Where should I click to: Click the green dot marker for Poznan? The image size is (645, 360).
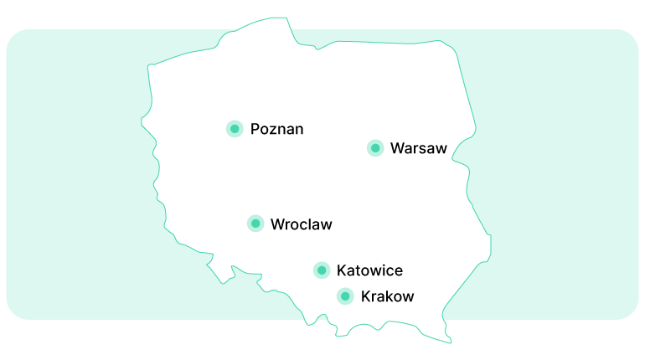click(235, 128)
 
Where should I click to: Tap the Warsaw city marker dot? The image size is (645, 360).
click(375, 148)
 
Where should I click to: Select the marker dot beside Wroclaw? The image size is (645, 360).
click(255, 224)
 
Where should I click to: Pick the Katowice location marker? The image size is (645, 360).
click(322, 270)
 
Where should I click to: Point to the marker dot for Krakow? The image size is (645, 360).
click(345, 296)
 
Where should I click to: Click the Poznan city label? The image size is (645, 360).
click(276, 129)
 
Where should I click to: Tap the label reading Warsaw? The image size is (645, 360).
click(419, 149)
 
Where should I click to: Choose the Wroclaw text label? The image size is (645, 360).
click(302, 224)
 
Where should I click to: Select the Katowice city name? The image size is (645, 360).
click(369, 270)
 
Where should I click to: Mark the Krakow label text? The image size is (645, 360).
click(387, 296)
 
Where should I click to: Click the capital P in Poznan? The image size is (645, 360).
click(255, 129)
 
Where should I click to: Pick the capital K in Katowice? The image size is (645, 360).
click(342, 270)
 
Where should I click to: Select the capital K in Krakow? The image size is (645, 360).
click(366, 296)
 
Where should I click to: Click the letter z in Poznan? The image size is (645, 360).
click(273, 130)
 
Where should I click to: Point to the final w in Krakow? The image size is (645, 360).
click(408, 297)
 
